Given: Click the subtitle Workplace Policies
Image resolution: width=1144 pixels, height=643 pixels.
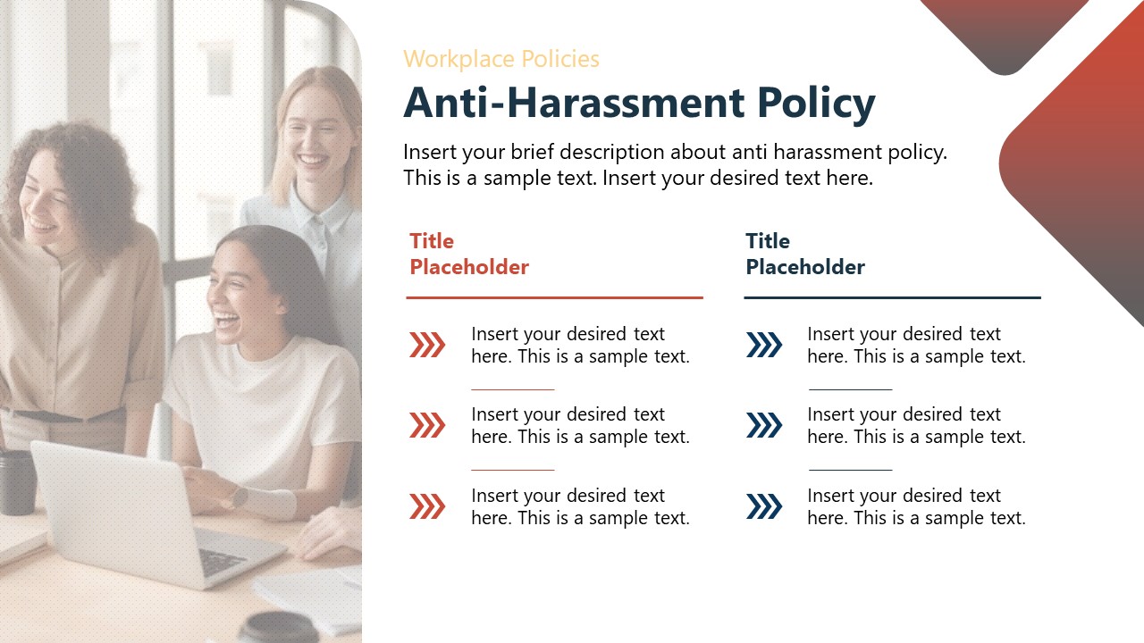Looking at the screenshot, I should point(500,59).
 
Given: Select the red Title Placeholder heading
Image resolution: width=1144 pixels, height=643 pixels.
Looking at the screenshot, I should point(469,254).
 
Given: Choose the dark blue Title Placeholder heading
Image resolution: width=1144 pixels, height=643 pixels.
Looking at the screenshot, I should point(805,254).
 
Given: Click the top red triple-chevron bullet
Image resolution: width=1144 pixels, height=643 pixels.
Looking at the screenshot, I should point(427,345).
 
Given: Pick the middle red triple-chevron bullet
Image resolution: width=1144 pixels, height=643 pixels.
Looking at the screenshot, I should point(427,425).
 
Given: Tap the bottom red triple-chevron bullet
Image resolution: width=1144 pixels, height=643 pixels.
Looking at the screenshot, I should point(427,506).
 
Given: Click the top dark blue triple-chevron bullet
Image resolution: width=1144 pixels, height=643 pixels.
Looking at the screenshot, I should point(764,345).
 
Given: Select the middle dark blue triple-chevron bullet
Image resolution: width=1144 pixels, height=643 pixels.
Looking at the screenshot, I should point(764,425).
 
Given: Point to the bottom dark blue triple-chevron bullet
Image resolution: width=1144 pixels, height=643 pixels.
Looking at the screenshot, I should point(764,506).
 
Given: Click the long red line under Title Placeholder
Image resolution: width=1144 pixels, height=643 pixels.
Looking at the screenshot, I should point(554,297).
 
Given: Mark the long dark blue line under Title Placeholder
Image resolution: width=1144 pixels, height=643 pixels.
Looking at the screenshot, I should point(892,297).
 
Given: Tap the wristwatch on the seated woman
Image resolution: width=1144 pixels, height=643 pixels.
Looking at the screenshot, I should point(239,497).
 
